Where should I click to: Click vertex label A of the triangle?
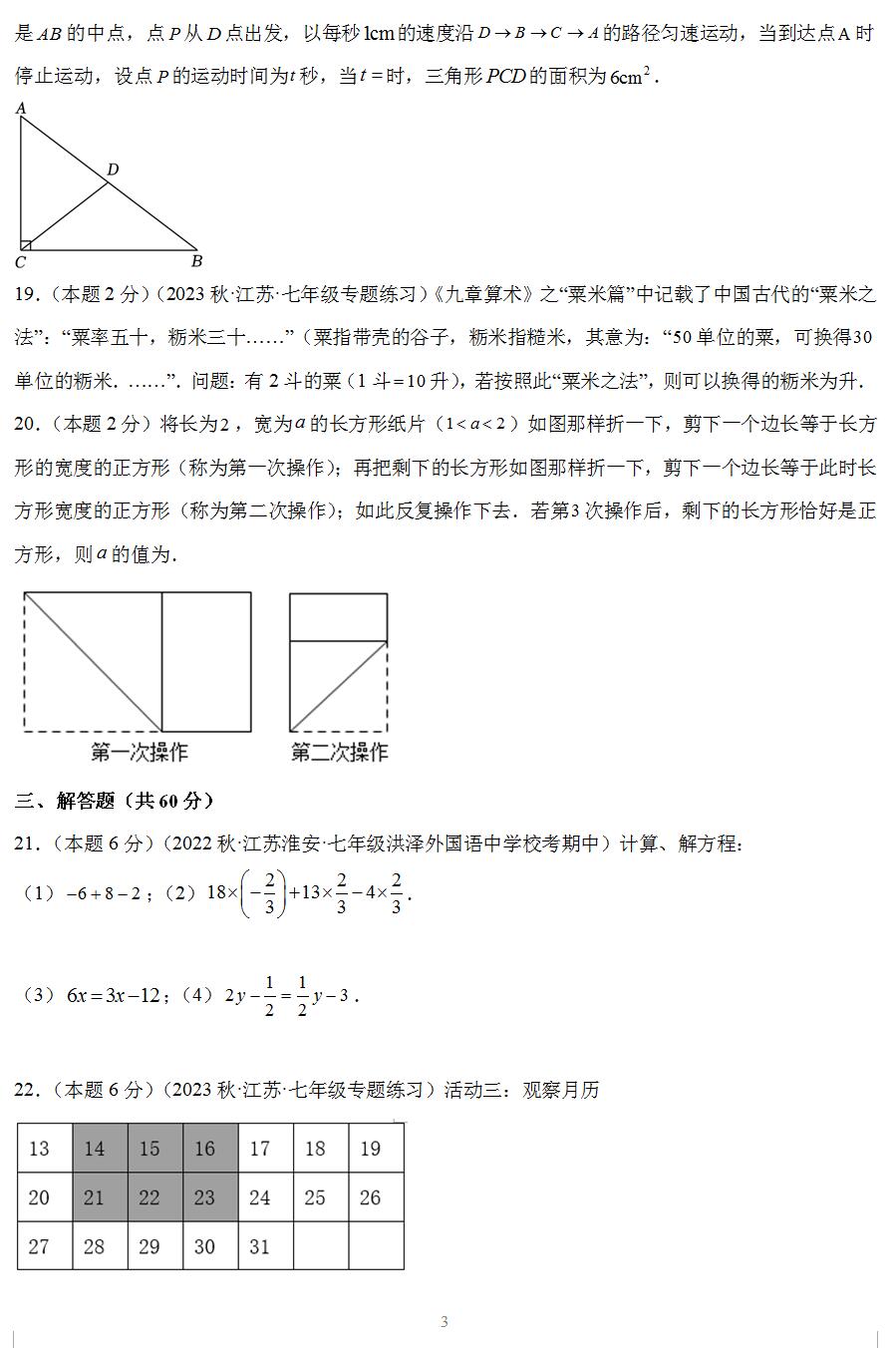(x=21, y=109)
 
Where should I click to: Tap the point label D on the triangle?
(x=113, y=169)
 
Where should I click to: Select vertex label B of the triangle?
(x=196, y=261)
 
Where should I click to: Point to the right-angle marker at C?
(x=26, y=244)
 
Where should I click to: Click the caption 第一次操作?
(x=139, y=753)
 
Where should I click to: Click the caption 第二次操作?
(x=339, y=753)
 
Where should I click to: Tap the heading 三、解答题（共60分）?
(x=115, y=801)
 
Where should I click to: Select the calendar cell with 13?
(x=40, y=1150)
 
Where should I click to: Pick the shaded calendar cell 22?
(x=149, y=1197)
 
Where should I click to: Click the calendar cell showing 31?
(x=259, y=1246)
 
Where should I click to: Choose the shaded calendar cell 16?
(x=204, y=1150)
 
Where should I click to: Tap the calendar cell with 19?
(x=370, y=1150)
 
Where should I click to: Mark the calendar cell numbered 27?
(x=40, y=1246)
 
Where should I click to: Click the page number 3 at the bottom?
(x=445, y=1322)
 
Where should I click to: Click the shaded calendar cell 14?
(x=95, y=1150)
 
